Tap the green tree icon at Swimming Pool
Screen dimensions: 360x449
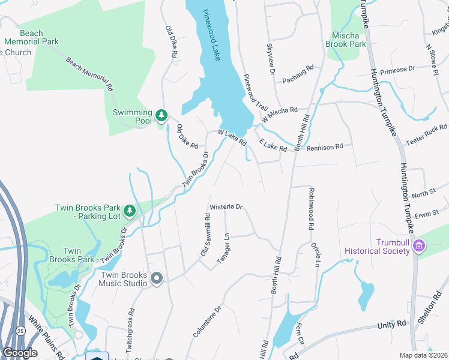(x=161, y=115)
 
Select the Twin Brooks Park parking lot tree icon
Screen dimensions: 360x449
(x=129, y=211)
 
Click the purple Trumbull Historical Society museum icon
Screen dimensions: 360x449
(x=419, y=246)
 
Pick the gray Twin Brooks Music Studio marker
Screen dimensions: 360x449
(x=157, y=278)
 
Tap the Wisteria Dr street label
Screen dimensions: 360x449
(x=225, y=207)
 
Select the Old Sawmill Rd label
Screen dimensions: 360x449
(x=205, y=235)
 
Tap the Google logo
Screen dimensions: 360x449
(x=20, y=352)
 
